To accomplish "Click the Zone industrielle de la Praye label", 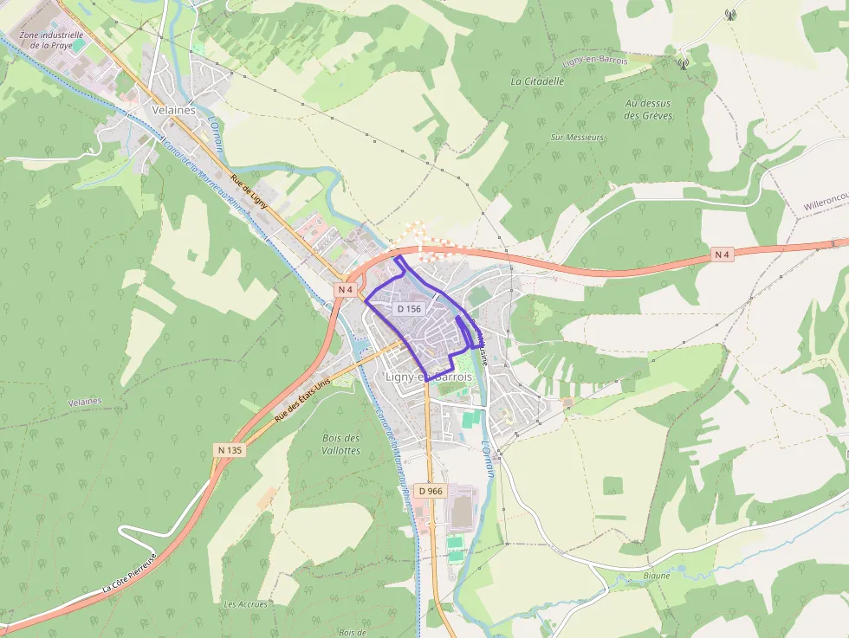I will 51,41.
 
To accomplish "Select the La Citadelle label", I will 537,81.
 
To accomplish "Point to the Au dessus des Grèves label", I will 648,109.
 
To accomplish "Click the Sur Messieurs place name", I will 577,137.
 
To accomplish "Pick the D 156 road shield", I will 409,309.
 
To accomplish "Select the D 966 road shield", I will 430,491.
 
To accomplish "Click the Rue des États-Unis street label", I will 303,403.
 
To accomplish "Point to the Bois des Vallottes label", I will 340,444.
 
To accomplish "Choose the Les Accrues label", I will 245,603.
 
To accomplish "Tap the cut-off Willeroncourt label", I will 825,207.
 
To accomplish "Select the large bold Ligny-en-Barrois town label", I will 429,377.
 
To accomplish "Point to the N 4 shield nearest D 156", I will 346,289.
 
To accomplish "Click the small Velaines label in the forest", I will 85,402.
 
